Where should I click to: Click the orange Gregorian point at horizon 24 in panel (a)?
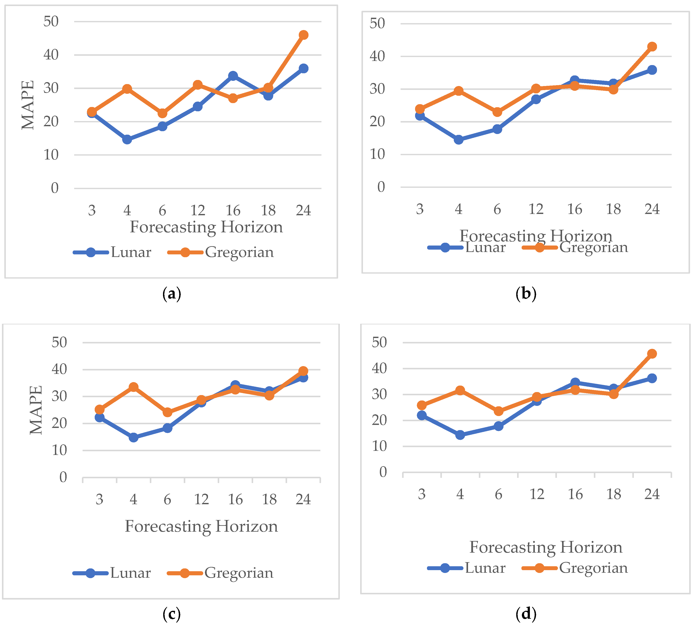coord(303,35)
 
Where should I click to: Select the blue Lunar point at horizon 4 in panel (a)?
coord(127,139)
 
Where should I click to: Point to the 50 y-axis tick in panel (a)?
coord(51,21)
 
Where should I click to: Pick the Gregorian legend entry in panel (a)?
coord(239,252)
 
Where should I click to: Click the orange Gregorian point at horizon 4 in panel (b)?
coord(458,91)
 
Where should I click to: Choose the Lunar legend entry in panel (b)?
coord(485,247)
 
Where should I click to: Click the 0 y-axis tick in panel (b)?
coord(381,187)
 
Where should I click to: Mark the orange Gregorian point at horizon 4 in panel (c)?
coord(134,387)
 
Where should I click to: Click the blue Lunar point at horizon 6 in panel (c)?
coord(167,428)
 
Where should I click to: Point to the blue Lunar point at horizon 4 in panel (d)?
coord(460,435)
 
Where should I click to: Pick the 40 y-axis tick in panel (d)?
coord(379,368)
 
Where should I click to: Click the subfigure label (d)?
coord(526,614)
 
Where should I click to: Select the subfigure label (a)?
coord(171,294)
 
